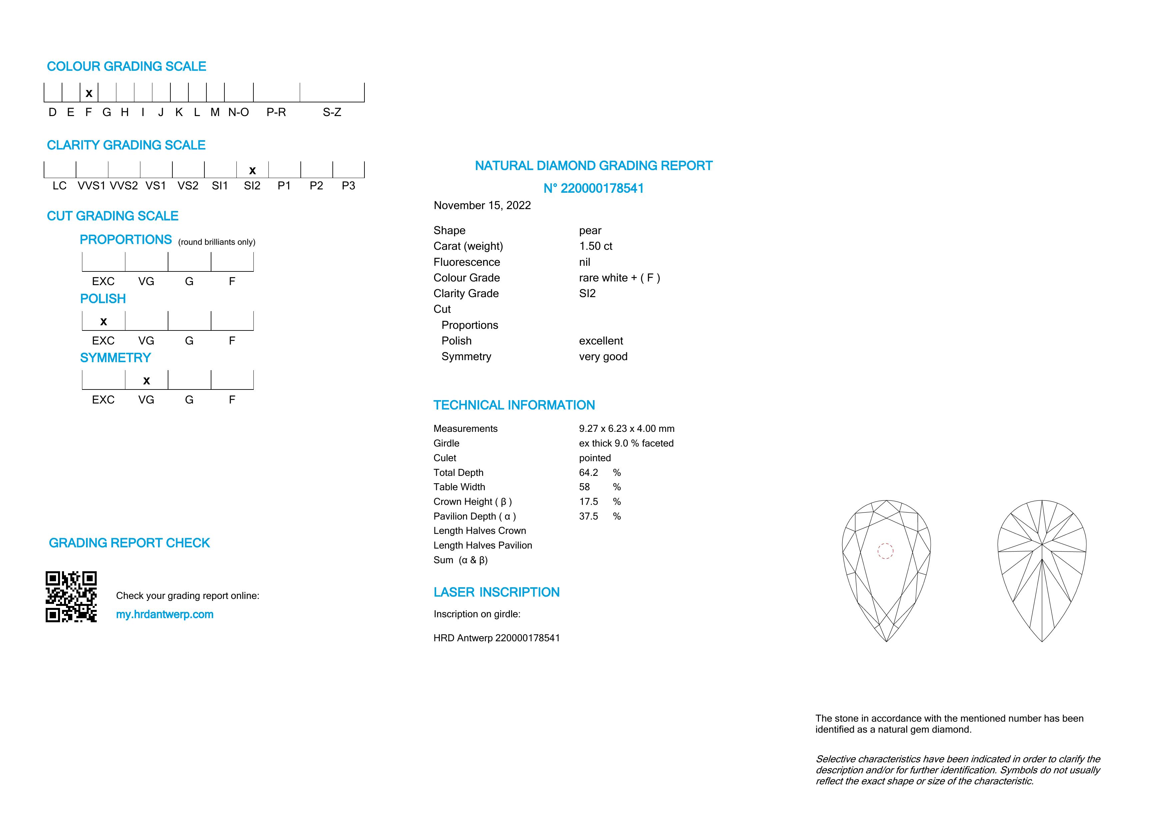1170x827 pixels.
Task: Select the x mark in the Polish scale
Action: [x=103, y=321]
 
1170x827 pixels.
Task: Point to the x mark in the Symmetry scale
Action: [x=146, y=380]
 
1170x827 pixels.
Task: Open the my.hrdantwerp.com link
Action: [x=165, y=615]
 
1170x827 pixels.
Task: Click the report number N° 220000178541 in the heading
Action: [x=593, y=188]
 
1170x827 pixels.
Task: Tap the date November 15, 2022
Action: [x=482, y=205]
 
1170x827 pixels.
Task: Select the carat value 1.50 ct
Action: [x=595, y=246]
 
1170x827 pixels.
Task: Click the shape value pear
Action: [x=590, y=231]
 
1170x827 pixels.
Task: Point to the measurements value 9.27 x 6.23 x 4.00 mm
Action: [x=626, y=429]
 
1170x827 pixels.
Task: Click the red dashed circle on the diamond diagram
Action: [x=885, y=551]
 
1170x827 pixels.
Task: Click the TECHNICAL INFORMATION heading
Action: [x=514, y=405]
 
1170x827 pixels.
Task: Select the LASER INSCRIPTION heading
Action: [x=496, y=592]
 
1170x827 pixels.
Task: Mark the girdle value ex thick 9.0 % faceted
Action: [x=626, y=443]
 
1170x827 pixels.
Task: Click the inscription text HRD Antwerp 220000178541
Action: [x=496, y=638]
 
